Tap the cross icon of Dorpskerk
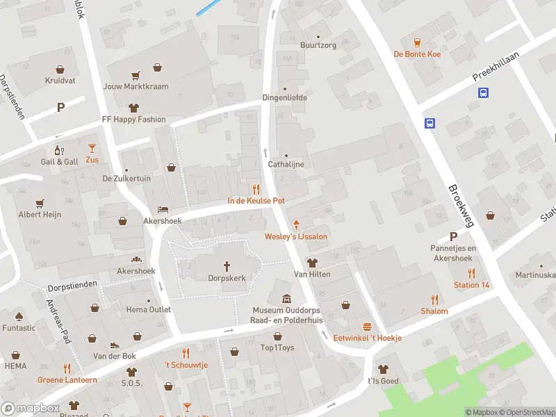coord(227,265)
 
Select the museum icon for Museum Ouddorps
coord(286,299)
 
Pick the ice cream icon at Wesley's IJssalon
coord(297,224)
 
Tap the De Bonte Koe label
coord(417,54)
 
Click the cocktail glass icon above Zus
coord(92,147)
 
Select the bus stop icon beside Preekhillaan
coord(482,92)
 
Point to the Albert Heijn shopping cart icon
coord(40,202)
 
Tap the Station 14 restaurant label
coord(471,285)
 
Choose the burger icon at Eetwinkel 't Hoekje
coord(367,327)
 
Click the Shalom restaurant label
coord(434,311)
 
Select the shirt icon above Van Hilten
coord(311,263)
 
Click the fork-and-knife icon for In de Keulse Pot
coord(256,189)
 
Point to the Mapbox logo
coord(31,409)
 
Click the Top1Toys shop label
coord(277,347)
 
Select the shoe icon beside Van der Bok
coord(115,345)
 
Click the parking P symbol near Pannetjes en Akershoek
coord(453,236)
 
